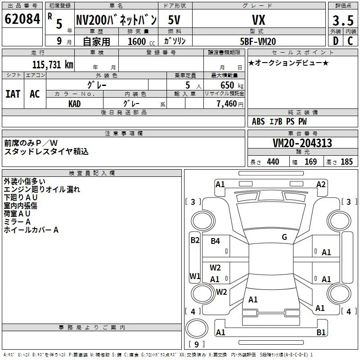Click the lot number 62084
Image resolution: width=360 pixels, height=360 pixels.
pos(22,19)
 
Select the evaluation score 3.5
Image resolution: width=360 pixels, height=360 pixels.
pos(343,20)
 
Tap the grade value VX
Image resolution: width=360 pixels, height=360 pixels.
pos(258,20)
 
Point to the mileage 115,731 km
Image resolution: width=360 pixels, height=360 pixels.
pos(53,65)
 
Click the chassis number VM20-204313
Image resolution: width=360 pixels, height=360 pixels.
pos(302,143)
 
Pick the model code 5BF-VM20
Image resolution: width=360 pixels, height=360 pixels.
pos(258,41)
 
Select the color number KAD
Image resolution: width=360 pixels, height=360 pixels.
pos(74,104)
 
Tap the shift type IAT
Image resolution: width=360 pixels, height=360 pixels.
pos(13,94)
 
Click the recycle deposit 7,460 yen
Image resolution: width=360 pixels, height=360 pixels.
pos(230,104)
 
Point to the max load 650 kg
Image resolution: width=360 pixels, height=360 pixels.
pos(232,85)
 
